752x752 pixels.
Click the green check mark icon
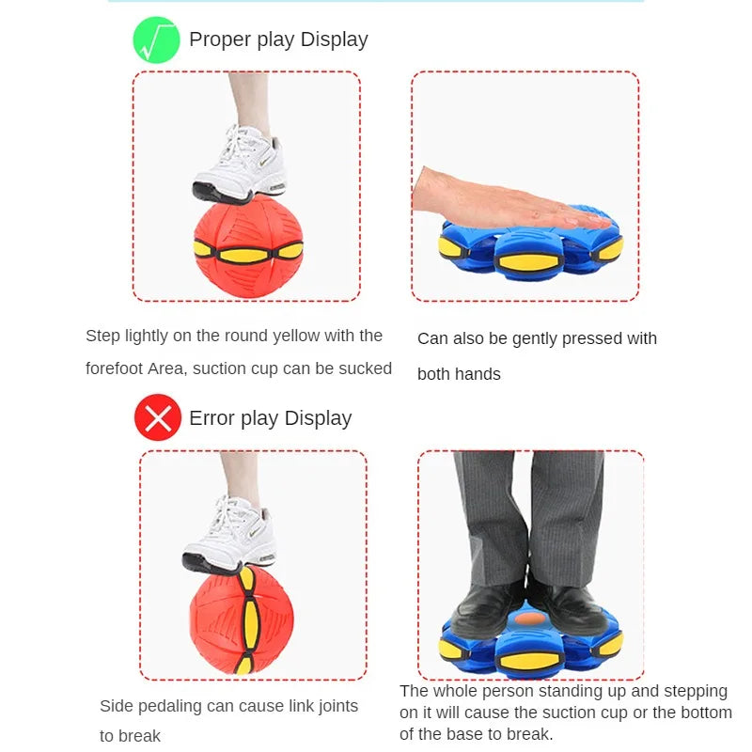[x=156, y=40]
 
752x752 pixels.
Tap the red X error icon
[x=157, y=417]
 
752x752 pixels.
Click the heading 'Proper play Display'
[x=278, y=39]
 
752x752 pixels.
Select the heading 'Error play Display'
[x=270, y=418]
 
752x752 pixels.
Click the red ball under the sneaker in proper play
[x=248, y=249]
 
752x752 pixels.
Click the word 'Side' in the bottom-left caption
[x=117, y=706]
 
